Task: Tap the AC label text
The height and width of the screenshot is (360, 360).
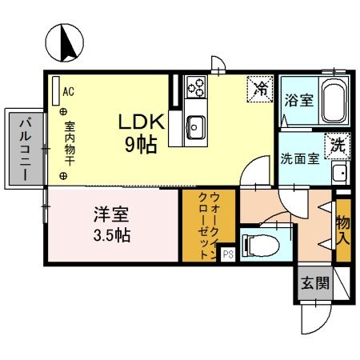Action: [x=68, y=91]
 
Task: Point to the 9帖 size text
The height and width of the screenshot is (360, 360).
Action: [x=142, y=144]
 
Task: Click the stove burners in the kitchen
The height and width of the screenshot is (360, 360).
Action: [x=196, y=86]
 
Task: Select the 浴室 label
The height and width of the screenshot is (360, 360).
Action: [x=298, y=101]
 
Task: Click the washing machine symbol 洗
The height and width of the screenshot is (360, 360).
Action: [x=338, y=145]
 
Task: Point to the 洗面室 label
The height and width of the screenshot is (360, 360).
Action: [x=300, y=158]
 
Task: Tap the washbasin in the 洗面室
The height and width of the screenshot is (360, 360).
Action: [x=338, y=171]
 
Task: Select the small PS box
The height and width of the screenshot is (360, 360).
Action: [x=228, y=255]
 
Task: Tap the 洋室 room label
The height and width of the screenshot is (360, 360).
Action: [x=111, y=215]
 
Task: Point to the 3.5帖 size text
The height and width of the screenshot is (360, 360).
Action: [x=111, y=236]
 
